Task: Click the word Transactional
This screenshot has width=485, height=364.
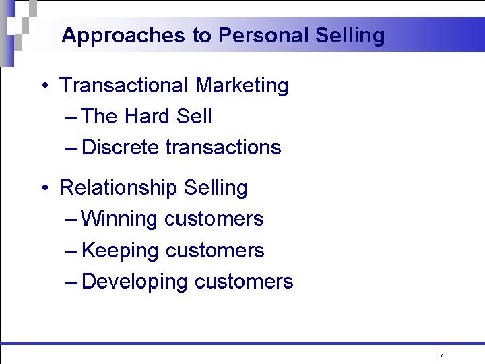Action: point(125,86)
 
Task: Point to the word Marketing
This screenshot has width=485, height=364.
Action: point(242,86)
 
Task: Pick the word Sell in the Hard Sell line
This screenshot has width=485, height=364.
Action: point(193,117)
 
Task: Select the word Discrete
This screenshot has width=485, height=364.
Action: point(120,148)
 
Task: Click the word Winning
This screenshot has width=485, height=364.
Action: point(119,219)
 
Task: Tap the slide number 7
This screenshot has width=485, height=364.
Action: point(441,356)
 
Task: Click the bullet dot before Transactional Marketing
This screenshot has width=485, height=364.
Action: point(43,86)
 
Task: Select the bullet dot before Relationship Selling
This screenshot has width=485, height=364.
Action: point(43,188)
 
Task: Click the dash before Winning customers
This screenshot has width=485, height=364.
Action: point(73,220)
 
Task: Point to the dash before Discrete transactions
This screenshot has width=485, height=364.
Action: point(73,148)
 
